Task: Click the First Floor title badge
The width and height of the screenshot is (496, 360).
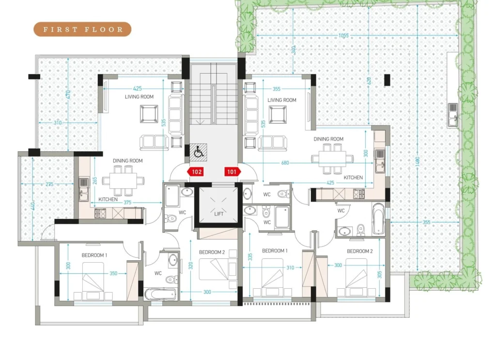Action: [x=82, y=30]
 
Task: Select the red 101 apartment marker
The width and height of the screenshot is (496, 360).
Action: [x=232, y=172]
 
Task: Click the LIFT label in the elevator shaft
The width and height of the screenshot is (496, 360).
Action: [x=219, y=214]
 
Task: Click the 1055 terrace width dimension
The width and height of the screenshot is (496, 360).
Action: [x=343, y=35]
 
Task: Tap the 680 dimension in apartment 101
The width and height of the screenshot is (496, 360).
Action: [x=285, y=163]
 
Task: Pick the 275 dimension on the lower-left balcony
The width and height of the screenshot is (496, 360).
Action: [x=49, y=184]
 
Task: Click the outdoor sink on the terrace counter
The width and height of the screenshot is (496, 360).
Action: [x=453, y=115]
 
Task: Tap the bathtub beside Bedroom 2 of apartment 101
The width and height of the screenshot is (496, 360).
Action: [x=379, y=219]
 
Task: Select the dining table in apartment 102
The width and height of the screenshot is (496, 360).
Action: [x=124, y=181]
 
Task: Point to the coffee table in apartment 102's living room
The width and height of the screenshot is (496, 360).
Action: [x=149, y=114]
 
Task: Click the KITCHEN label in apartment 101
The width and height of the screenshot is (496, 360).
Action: [x=353, y=177]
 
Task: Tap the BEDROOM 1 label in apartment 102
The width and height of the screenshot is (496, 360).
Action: [x=94, y=255]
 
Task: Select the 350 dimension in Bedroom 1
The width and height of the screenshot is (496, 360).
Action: [x=113, y=273]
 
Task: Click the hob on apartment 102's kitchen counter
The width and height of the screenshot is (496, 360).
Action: [x=100, y=214]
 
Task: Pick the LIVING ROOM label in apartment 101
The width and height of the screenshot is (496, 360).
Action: [x=282, y=100]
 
